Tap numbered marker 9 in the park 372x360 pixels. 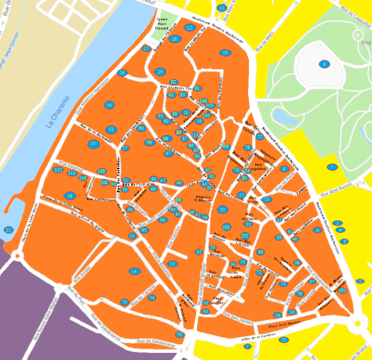pyautogui.click(x=323, y=64)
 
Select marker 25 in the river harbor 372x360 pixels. pyautogui.click(x=9, y=230)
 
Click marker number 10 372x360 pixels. pyautogui.click(x=224, y=53)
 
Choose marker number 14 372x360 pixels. pyautogui.click(x=134, y=271)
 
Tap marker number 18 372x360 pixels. pyautogui.click(x=70, y=195)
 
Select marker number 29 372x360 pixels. pyautogui.click(x=160, y=72)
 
